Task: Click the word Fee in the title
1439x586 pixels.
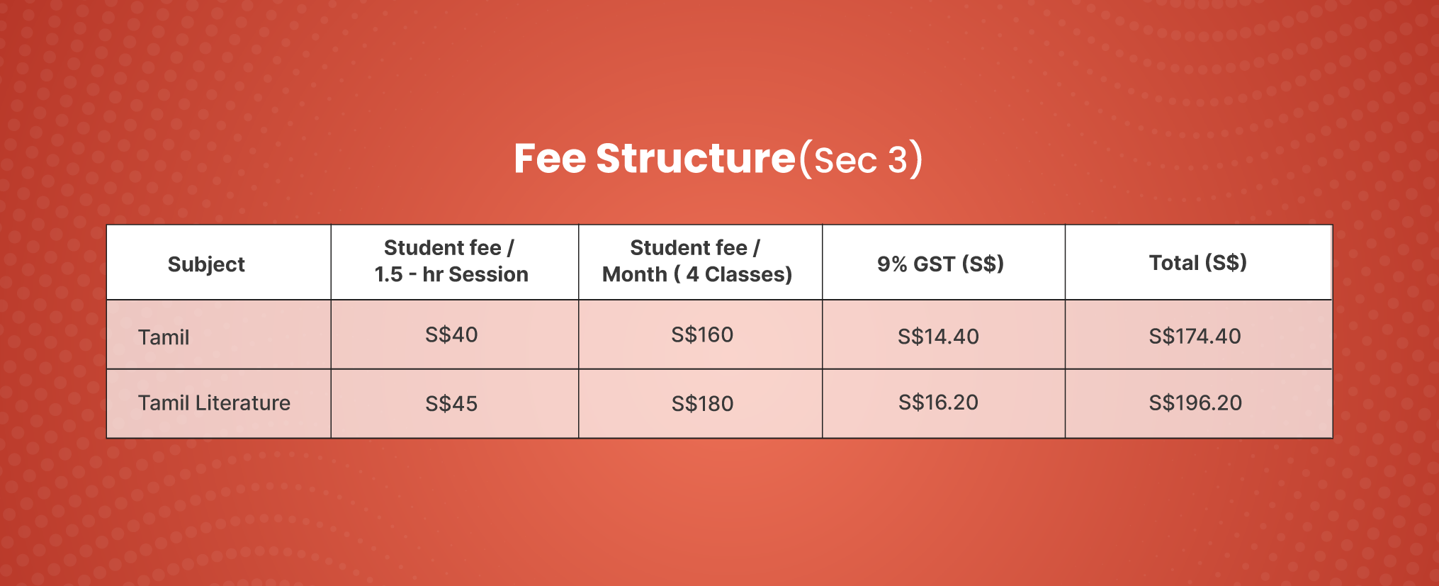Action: tap(550, 158)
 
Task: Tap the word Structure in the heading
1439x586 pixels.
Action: tap(696, 158)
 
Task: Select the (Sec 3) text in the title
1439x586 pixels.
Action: tap(861, 159)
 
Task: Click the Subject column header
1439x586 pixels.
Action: tap(206, 264)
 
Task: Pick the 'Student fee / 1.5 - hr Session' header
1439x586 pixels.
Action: tap(451, 261)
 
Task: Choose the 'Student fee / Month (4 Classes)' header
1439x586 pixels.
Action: tap(697, 261)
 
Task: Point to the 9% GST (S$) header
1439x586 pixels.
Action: tap(940, 264)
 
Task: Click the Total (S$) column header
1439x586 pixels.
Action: tap(1197, 263)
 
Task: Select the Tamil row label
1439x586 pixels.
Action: tap(164, 337)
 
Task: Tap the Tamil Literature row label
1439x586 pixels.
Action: tap(214, 403)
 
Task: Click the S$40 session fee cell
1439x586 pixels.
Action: tap(451, 334)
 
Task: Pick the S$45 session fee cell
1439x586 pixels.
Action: tap(451, 404)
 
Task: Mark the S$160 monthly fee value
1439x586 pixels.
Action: tap(702, 334)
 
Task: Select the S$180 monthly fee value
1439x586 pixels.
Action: tap(702, 404)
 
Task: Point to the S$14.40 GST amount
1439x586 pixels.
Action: tap(938, 336)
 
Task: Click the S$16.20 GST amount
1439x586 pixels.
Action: tap(938, 402)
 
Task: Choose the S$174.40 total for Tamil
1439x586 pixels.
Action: tap(1195, 336)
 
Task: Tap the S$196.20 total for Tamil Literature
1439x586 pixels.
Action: tap(1195, 403)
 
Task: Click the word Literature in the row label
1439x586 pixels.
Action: tap(243, 403)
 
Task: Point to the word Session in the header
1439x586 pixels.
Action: tap(489, 274)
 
